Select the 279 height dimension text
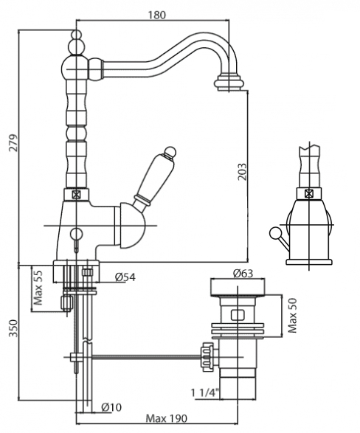click(13, 143)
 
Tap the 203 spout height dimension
click(242, 172)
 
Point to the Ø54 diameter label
click(125, 277)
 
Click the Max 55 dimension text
click(38, 288)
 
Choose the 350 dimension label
click(13, 328)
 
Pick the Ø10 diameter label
click(111, 407)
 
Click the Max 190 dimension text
click(166, 418)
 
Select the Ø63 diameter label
click(243, 274)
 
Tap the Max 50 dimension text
click(292, 316)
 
